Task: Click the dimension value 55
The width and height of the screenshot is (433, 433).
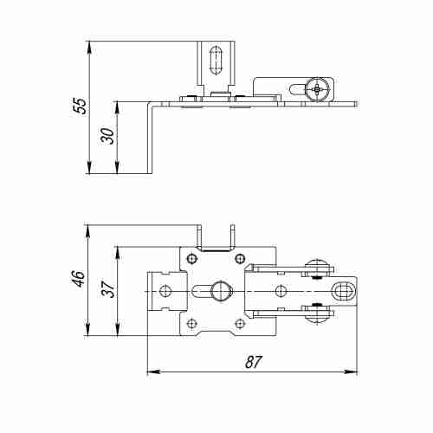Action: (80, 107)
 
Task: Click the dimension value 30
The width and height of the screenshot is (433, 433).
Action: (107, 136)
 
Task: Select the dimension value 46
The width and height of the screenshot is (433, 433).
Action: (79, 279)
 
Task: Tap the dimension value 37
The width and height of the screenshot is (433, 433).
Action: (108, 289)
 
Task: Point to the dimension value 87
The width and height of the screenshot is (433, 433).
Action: (254, 362)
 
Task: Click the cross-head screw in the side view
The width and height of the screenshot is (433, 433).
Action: (318, 89)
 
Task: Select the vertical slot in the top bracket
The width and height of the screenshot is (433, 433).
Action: (216, 61)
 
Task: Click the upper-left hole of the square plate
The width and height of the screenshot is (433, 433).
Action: (191, 258)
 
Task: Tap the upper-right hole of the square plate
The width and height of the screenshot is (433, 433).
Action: (240, 258)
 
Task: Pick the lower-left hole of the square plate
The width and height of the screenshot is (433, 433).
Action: (191, 324)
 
